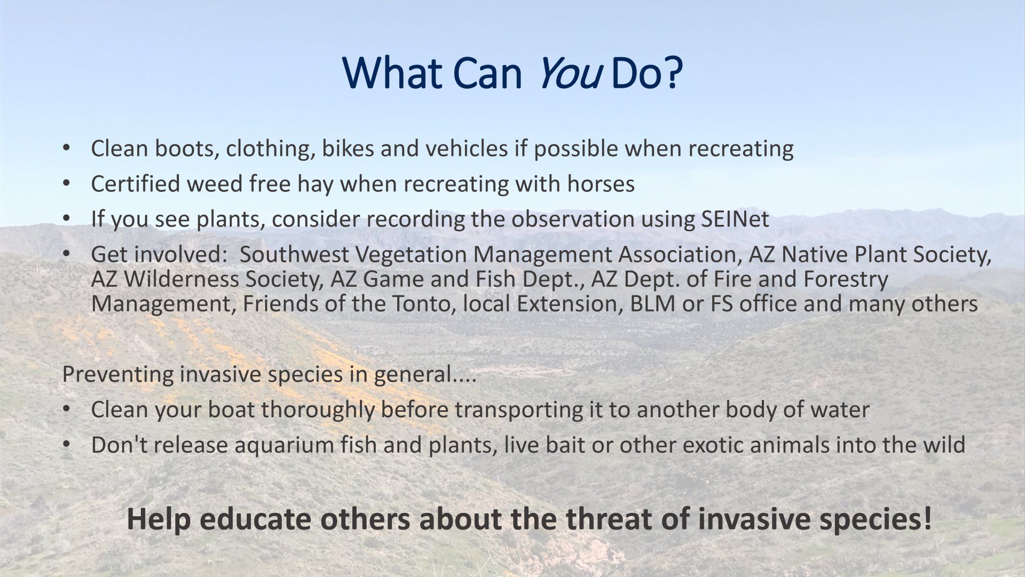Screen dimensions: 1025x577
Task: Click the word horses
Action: pyautogui.click(x=601, y=184)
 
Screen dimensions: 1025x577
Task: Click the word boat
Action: pyautogui.click(x=231, y=410)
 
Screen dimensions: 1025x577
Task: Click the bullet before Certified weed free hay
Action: pyautogui.click(x=66, y=183)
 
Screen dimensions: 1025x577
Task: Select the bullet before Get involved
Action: pyautogui.click(x=66, y=254)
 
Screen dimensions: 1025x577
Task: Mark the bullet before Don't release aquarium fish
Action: pyautogui.click(x=66, y=445)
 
